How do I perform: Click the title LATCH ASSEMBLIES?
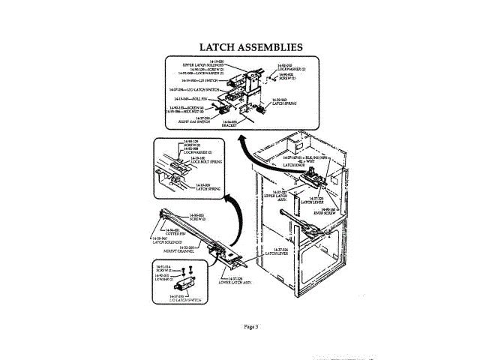(250, 47)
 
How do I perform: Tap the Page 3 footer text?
(250, 325)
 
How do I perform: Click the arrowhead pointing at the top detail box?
(239, 140)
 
